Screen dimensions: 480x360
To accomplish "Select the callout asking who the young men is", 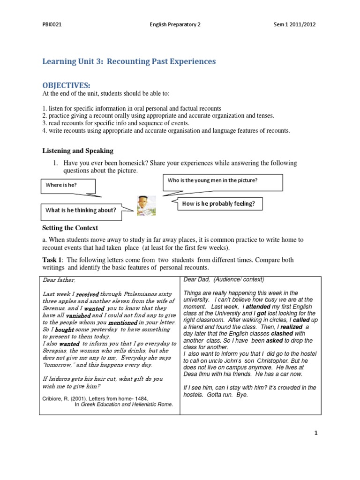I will pos(223,180).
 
